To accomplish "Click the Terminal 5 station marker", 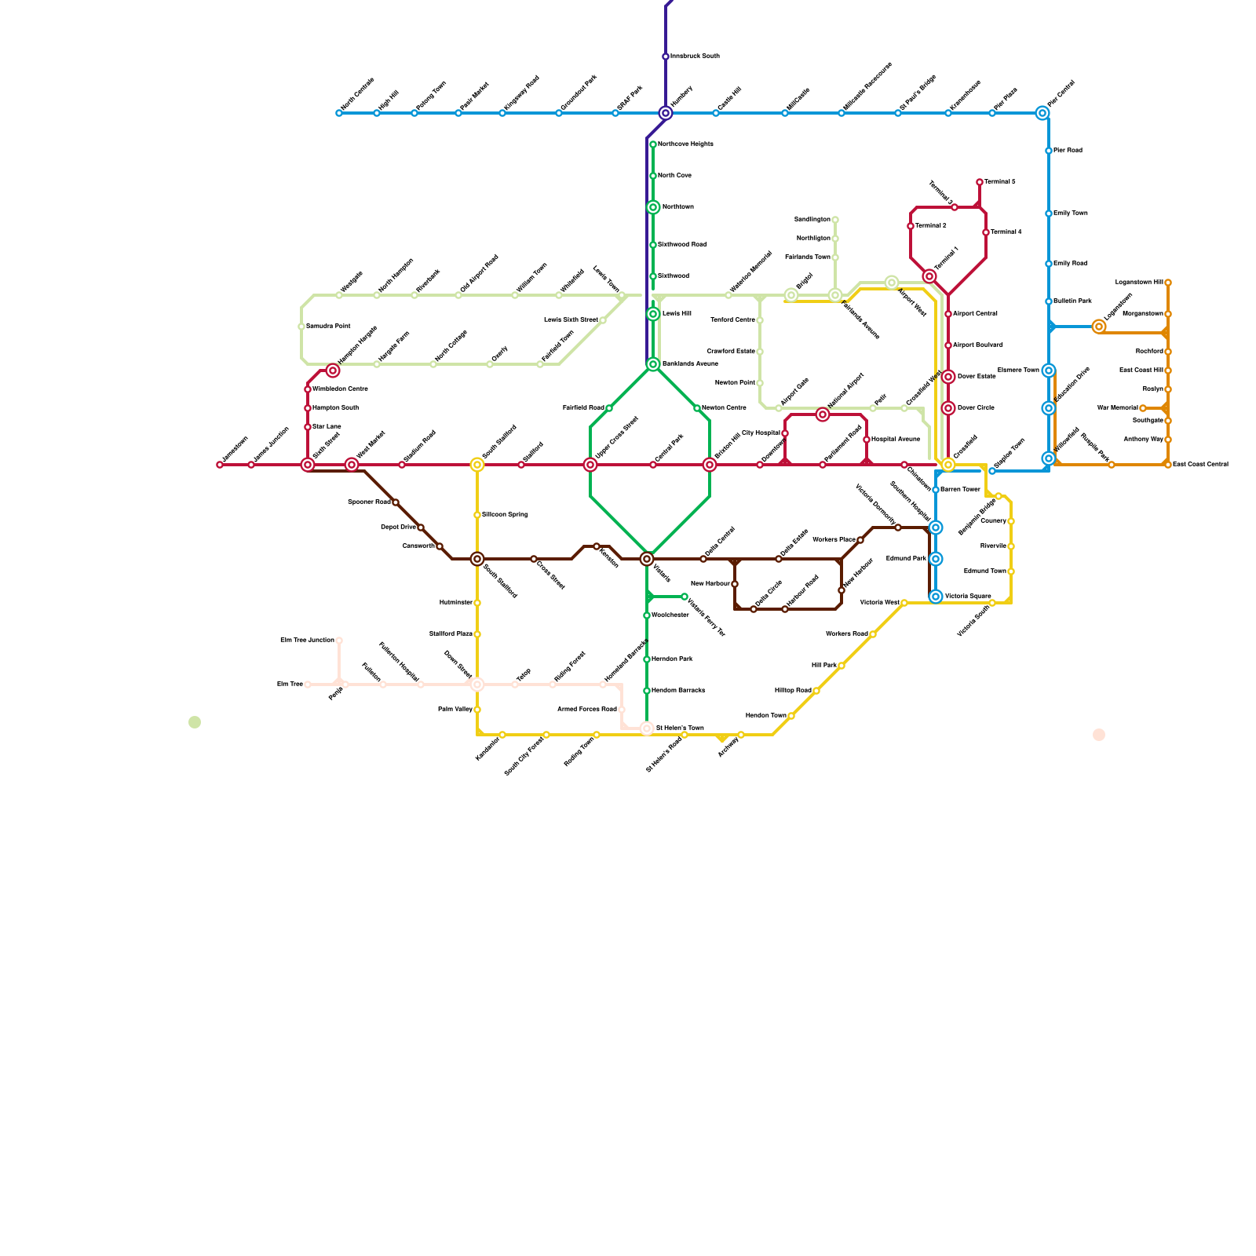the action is pos(980,182).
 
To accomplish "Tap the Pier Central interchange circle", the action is pos(1042,113).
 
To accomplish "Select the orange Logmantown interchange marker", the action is pos(1099,327).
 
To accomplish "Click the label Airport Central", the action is pos(975,314).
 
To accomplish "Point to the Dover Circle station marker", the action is pos(948,408).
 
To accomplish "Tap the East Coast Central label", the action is pos(1200,465).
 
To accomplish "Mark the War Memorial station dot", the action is pos(1143,408).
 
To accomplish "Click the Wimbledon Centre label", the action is pos(340,389).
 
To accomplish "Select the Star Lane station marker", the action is pos(308,427).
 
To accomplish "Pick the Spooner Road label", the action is pos(369,502).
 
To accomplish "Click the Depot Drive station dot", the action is pos(421,528).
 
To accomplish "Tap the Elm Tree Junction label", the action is pos(307,641).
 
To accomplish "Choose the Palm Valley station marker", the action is pos(477,710).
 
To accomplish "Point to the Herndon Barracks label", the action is pos(678,691).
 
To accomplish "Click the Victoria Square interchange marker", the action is pos(936,597).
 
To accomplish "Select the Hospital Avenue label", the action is pos(896,440).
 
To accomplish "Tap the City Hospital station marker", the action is pos(785,433).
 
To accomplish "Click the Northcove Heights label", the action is pos(685,144).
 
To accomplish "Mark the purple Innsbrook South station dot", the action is pos(666,57).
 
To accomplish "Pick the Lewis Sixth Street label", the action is pos(571,320).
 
